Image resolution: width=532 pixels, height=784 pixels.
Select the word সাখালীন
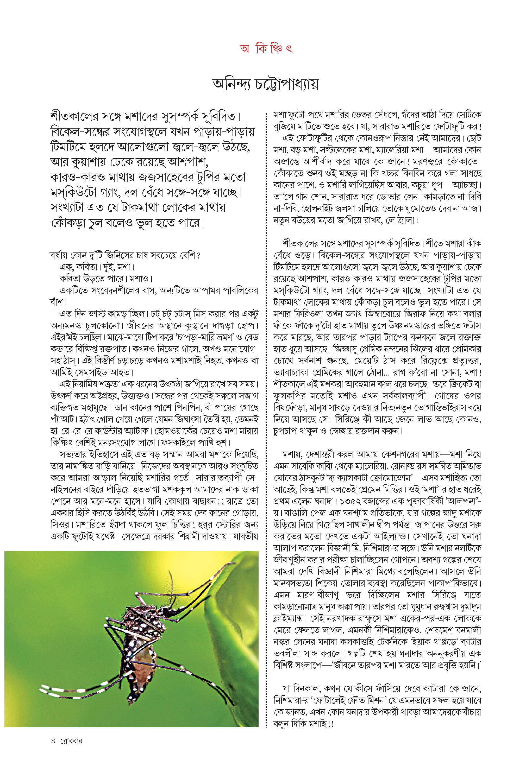point(377,523)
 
